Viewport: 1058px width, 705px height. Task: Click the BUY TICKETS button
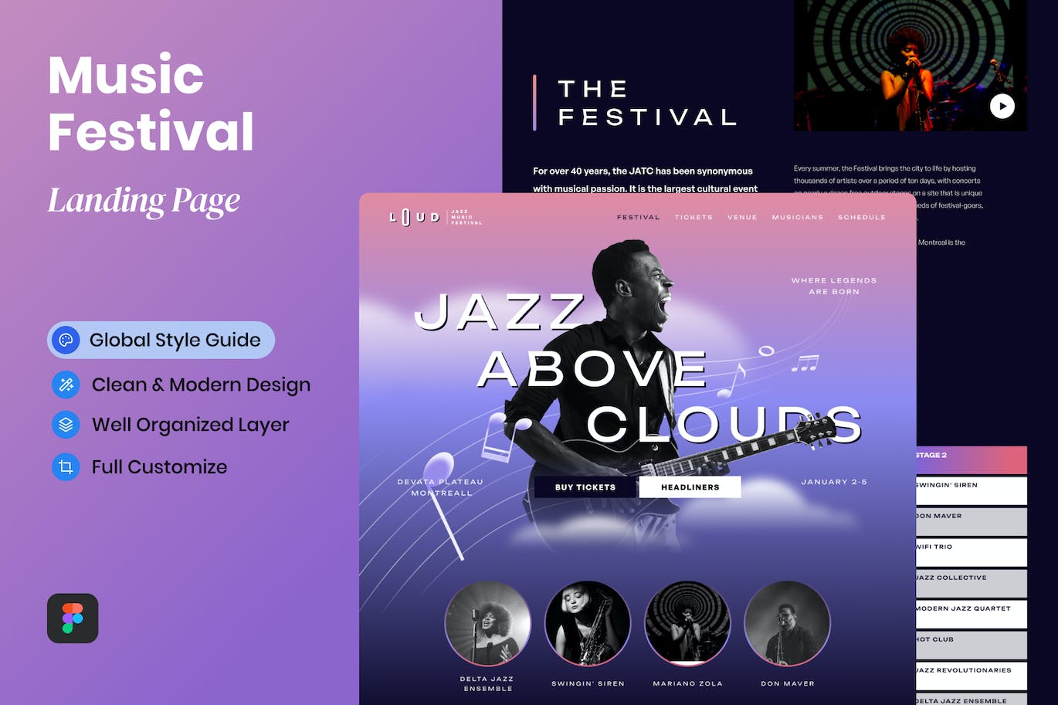(x=585, y=487)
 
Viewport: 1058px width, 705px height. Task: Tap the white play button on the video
(x=1002, y=107)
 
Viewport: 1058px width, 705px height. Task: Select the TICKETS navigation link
(x=693, y=218)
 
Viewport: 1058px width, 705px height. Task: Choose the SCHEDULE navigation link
(x=861, y=218)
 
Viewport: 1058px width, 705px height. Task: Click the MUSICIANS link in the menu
(x=797, y=218)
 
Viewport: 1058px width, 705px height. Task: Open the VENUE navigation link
(x=742, y=218)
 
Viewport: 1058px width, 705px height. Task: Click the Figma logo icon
(x=73, y=618)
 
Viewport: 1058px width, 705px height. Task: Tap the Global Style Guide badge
(x=161, y=340)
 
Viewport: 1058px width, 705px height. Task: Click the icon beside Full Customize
(x=66, y=466)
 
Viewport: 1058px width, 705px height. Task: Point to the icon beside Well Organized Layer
(x=66, y=424)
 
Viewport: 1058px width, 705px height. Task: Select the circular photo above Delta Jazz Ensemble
(x=488, y=623)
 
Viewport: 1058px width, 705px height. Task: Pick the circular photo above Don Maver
(x=787, y=623)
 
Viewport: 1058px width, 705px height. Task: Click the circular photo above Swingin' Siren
(x=588, y=623)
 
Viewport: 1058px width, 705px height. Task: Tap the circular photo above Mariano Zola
(x=687, y=623)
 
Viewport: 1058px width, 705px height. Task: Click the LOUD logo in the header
(x=415, y=218)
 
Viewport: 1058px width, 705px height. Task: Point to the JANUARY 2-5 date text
(x=834, y=482)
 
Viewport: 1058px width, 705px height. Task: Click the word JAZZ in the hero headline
(x=500, y=312)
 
